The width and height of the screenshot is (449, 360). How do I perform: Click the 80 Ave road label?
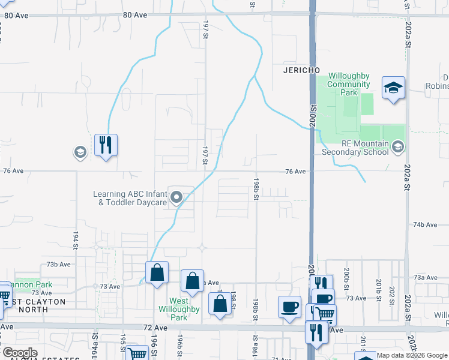(134, 14)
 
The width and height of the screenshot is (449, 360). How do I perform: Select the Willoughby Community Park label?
(349, 84)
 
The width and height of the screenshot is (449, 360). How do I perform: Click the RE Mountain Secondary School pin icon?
(397, 146)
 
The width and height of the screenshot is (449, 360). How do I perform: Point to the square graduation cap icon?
(393, 88)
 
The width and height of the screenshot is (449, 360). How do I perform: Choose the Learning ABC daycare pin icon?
(176, 197)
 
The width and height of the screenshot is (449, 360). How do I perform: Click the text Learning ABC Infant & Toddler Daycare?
(130, 198)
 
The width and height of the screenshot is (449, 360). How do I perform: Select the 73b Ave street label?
(59, 264)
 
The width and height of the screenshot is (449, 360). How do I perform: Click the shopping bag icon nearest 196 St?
(157, 272)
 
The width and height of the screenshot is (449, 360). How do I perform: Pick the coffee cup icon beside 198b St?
(289, 307)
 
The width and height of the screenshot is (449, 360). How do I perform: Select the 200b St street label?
(346, 274)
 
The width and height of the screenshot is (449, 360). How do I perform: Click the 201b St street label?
(379, 286)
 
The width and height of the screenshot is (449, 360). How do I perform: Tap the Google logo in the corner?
(20, 353)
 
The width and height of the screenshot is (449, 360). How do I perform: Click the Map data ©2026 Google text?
(412, 355)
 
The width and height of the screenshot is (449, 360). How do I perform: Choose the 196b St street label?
(179, 344)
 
